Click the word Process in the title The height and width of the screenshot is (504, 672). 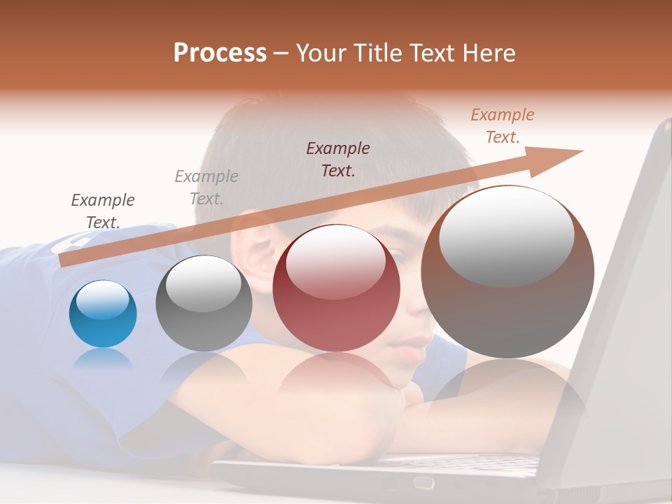[220, 53]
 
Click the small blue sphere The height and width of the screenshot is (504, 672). [103, 314]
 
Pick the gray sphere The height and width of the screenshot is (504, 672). [204, 304]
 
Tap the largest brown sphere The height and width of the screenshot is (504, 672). [507, 272]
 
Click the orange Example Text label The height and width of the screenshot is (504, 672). [503, 126]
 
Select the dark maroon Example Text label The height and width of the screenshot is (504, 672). [338, 159]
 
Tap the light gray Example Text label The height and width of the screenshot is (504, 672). [206, 188]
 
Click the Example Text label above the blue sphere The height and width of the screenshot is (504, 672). [103, 211]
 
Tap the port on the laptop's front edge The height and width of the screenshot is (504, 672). [423, 482]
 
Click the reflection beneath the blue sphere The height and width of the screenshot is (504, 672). [103, 358]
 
